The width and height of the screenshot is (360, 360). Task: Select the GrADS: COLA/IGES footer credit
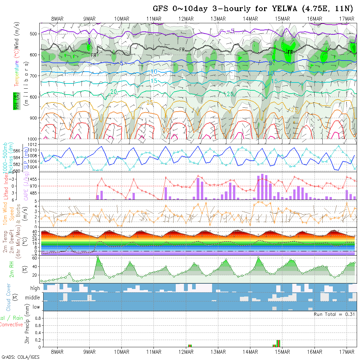pyautogui.click(x=20, y=357)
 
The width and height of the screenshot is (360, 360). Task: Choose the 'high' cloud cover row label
pyautogui.click(x=35, y=288)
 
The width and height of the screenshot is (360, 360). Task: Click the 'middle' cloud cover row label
pyautogui.click(x=33, y=298)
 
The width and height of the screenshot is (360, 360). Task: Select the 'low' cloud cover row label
pyautogui.click(x=36, y=307)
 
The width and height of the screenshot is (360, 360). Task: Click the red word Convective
pyautogui.click(x=11, y=325)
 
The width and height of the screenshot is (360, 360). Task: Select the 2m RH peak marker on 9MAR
pyautogui.click(x=98, y=257)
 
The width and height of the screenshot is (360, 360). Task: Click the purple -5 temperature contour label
pyautogui.click(x=231, y=31)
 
